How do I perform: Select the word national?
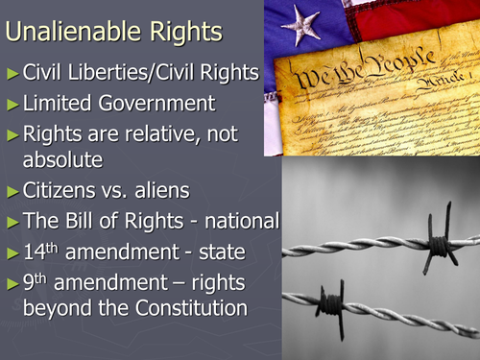pos(239,222)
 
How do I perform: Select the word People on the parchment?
pos(399,73)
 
